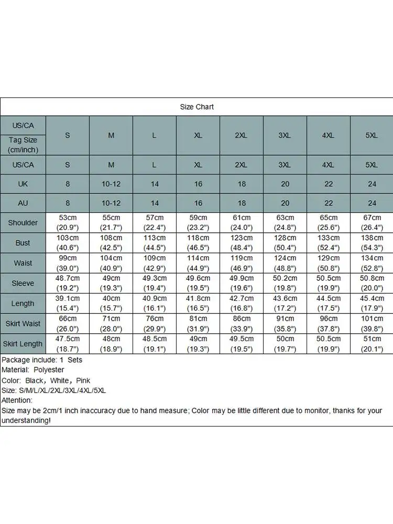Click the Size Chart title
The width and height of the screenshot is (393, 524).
click(196, 107)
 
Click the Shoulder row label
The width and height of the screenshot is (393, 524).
click(23, 223)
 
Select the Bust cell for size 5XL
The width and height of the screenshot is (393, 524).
click(372, 243)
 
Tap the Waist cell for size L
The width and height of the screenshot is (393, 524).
click(154, 263)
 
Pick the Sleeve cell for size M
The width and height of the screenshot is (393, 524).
click(111, 283)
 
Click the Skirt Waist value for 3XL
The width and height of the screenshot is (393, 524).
click(285, 323)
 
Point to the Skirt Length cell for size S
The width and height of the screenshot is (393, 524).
click(68, 344)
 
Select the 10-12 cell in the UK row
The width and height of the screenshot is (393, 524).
click(111, 184)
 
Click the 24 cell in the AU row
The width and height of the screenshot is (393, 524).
click(372, 203)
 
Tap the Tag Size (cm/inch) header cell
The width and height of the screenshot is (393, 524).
click(23, 145)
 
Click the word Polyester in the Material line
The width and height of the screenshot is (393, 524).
click(48, 370)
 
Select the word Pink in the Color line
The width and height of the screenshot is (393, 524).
click(83, 380)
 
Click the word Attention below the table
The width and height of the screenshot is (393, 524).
click(17, 400)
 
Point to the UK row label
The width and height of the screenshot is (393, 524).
click(23, 184)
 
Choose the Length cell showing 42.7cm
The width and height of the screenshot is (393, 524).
click(241, 303)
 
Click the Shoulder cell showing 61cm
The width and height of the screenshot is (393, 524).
click(241, 223)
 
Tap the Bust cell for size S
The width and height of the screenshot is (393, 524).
click(68, 243)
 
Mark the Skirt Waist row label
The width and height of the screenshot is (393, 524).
click(23, 324)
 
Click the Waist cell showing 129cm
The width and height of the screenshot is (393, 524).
click(328, 263)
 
